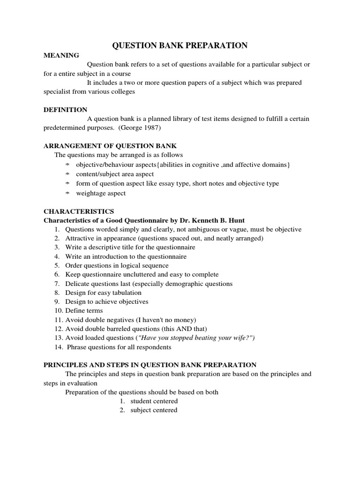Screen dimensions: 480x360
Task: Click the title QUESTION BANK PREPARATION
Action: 180,45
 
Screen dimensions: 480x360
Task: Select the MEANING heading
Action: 61,55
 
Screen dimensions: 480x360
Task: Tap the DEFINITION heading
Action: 65,110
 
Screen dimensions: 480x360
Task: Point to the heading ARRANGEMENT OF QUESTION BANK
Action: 110,146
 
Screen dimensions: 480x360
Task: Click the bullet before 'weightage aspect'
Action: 67,194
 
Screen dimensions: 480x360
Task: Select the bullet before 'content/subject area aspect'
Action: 67,174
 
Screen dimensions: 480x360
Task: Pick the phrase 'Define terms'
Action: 84,310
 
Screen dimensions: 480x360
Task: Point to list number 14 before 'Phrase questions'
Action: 57,347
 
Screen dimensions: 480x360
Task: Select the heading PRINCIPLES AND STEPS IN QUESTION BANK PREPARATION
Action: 150,365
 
